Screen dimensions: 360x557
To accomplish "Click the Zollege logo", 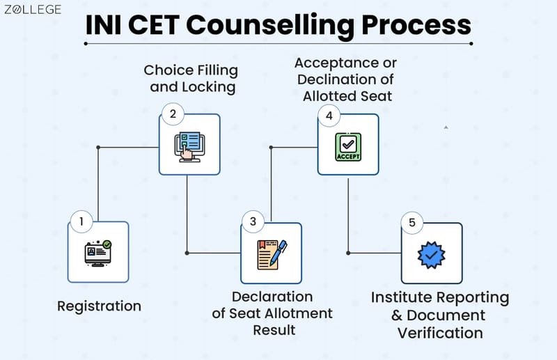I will coord(33,10).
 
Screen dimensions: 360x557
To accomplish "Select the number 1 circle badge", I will coord(81,222).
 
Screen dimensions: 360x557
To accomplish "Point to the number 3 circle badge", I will coord(253,222).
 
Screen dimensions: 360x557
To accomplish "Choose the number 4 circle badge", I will coord(329,114).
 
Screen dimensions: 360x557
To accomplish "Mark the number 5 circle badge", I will coord(412,223).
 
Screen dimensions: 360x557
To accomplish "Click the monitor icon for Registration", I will coord(98,252).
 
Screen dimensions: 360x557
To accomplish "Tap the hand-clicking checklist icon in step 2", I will coord(189,144).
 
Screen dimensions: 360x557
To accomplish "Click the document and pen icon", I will coord(272,253).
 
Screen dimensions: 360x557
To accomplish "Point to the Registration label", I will coord(99,306).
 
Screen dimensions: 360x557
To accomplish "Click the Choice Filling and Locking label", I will coord(191,79).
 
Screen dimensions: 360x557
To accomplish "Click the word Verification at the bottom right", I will coord(440,333).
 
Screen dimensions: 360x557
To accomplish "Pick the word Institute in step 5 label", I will coord(406,298).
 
